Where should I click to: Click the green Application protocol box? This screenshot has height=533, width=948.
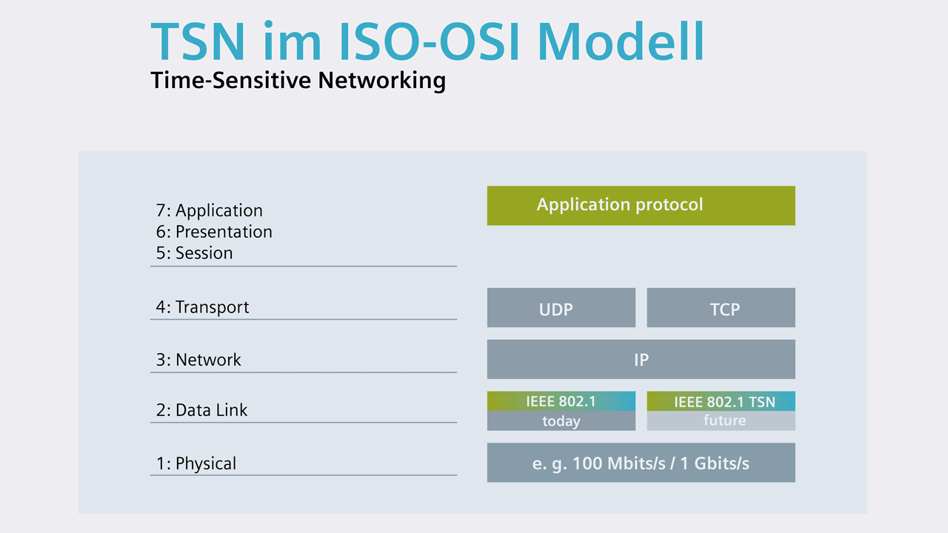pos(641,205)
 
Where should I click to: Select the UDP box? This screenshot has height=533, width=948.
pos(561,308)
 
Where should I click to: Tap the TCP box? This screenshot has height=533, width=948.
pos(721,308)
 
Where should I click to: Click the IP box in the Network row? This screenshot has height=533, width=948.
pos(641,359)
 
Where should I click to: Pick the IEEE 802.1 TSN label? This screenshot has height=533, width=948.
pos(724,402)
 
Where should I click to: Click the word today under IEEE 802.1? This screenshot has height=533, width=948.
pos(561,421)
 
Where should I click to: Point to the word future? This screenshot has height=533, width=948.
pos(724,420)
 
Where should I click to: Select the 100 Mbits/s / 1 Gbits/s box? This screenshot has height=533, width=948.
pos(641,463)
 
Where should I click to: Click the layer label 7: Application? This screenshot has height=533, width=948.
pos(210,211)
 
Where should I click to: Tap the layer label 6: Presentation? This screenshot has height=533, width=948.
pos(214,232)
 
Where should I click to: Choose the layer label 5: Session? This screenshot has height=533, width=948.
pos(195,253)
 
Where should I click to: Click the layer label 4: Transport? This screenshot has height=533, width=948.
pos(202,307)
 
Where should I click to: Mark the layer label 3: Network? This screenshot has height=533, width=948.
pos(198,360)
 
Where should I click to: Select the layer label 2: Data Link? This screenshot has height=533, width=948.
pos(201,410)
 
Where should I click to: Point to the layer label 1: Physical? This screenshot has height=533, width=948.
pos(196,464)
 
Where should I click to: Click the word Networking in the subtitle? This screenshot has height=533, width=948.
pos(382,80)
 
